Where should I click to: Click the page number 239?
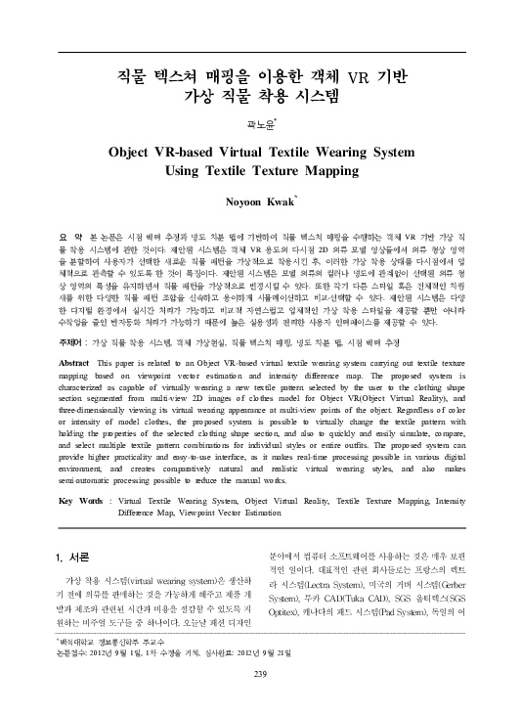pos(260,673)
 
